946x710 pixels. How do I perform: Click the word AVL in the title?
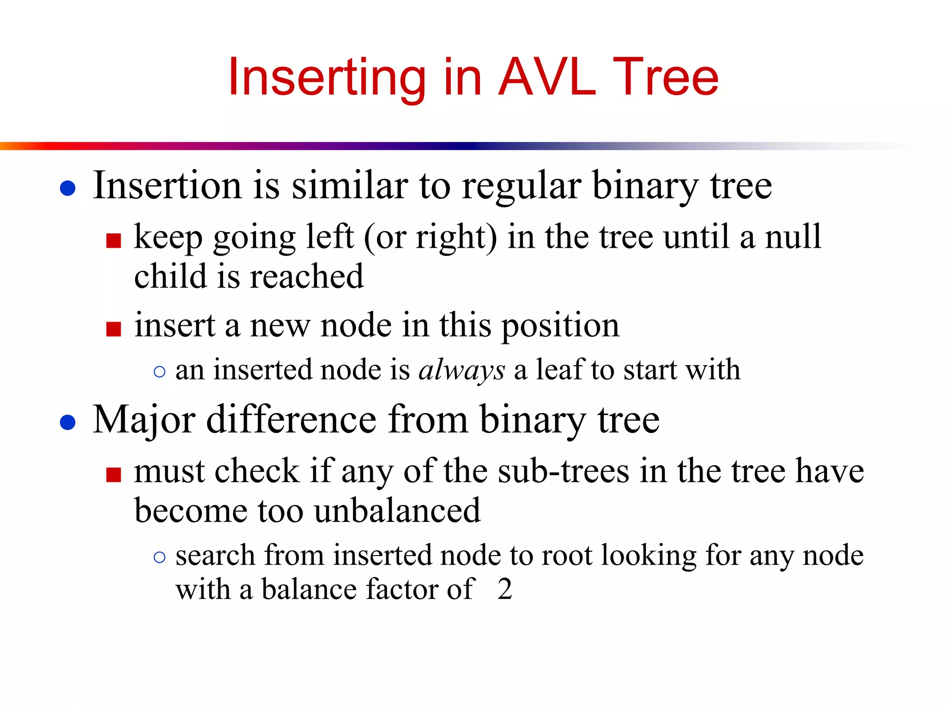coord(547,77)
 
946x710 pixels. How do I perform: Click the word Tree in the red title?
coord(665,77)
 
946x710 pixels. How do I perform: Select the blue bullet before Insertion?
coord(68,188)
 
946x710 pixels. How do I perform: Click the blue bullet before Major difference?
coord(68,422)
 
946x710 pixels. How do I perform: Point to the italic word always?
coord(461,370)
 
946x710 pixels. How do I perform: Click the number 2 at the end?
coord(505,589)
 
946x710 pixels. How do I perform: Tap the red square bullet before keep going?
coord(114,240)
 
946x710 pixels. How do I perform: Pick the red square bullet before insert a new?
coord(114,329)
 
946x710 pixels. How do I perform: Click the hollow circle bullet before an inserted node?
coord(159,372)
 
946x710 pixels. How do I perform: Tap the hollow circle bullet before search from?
coord(159,557)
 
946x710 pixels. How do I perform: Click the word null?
coord(793,237)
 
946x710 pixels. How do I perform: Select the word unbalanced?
coord(397,511)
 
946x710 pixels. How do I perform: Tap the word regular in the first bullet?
coord(522,186)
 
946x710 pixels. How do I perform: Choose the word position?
coord(560,326)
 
